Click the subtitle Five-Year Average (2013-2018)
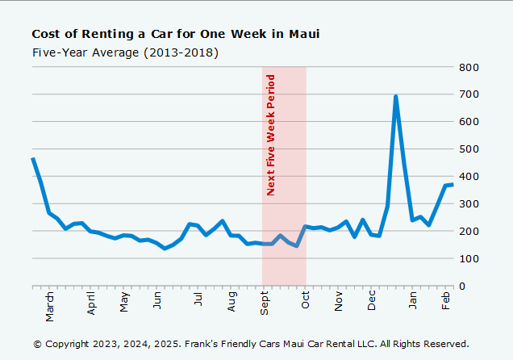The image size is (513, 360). point(125,52)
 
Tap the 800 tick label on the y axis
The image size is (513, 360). point(469,67)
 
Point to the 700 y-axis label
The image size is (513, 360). point(469,94)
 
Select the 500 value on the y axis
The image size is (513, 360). point(469,149)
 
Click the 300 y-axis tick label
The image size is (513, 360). point(469,203)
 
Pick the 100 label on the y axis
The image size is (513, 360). point(469,258)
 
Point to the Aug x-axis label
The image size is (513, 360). point(231,302)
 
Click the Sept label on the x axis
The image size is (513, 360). point(265,303)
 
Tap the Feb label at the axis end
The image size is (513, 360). point(446,301)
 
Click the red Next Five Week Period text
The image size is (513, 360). point(271,135)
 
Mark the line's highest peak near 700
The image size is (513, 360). point(396,97)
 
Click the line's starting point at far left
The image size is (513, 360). point(32,158)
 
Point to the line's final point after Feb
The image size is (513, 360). point(453,185)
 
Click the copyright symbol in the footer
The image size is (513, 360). point(37,344)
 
